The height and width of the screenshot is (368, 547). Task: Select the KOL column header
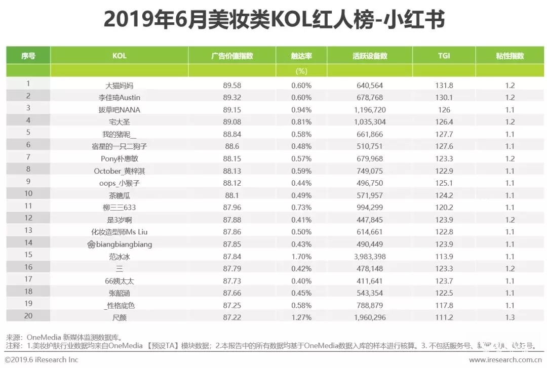[119, 56]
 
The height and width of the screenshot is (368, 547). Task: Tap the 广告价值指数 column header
[231, 56]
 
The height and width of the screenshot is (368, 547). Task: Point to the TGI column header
[444, 56]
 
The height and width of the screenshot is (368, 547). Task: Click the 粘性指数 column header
[510, 56]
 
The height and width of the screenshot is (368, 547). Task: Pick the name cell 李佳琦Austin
[120, 97]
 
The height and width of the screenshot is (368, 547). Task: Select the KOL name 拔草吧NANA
[120, 109]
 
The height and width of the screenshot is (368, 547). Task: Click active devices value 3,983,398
[370, 257]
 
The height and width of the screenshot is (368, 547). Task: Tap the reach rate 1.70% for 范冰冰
[301, 257]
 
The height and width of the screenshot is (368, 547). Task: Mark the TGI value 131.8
[444, 85]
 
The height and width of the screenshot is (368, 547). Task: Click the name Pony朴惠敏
[120, 158]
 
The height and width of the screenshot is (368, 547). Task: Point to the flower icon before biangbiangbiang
[91, 244]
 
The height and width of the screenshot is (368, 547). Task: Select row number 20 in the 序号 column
[28, 316]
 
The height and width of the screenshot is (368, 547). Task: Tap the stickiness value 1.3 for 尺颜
[510, 317]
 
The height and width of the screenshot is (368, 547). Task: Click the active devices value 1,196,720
[370, 109]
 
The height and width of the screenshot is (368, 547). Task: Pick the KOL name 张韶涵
[120, 293]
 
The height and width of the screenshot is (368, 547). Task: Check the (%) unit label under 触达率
[301, 71]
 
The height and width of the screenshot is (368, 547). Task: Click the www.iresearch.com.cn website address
[504, 360]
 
